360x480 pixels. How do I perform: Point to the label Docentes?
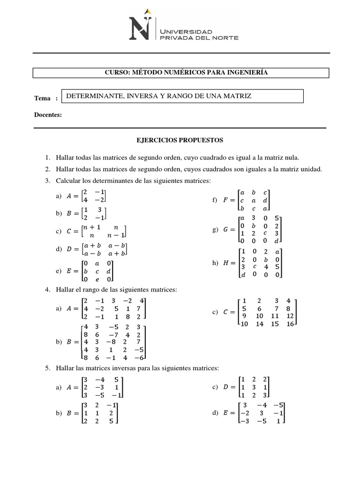48,115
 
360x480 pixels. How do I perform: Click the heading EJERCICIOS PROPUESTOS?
180,140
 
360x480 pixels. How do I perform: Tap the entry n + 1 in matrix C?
91,226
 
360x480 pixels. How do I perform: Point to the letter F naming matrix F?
225,200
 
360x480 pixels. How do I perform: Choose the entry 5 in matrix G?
277,218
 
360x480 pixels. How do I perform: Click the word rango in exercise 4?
90,290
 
